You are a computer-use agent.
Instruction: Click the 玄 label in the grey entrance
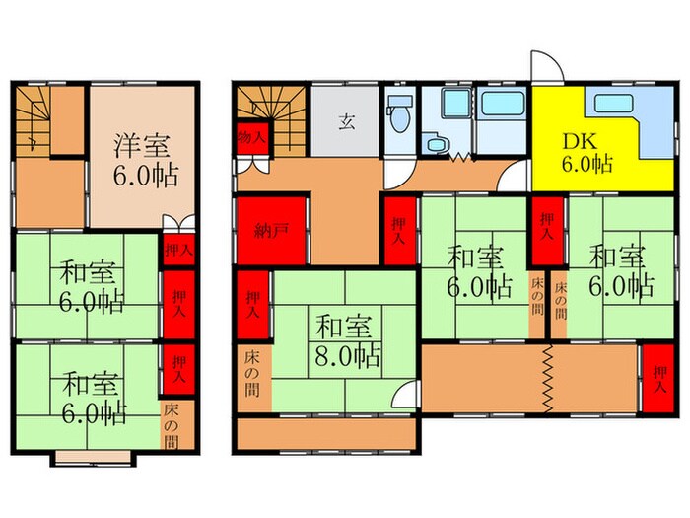click(x=347, y=122)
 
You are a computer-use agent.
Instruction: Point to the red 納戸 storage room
click(x=273, y=232)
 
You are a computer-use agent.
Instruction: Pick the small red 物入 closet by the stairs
click(x=250, y=137)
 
